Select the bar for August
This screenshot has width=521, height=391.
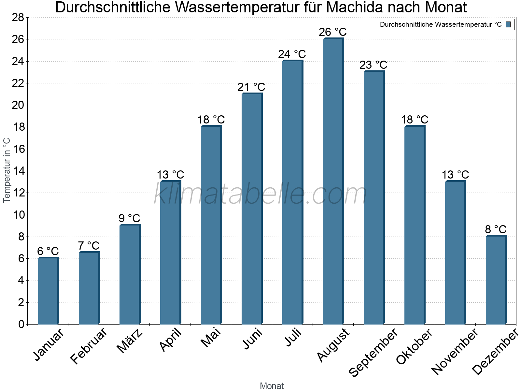[x=333, y=181]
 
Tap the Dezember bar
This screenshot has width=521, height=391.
[x=496, y=280]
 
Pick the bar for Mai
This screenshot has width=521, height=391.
[x=211, y=225]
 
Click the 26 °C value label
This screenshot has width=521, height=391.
[x=333, y=32]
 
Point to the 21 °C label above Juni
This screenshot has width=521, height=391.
[x=251, y=87]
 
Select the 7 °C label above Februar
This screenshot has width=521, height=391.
[x=89, y=246]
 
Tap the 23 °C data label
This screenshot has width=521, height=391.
[x=373, y=65]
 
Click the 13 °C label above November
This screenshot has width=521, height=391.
[x=455, y=175]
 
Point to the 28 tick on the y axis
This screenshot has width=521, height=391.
[x=18, y=18]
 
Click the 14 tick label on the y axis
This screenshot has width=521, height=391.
[x=18, y=171]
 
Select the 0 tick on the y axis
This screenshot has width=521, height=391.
[x=21, y=325]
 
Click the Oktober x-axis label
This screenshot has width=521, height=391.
[x=414, y=347]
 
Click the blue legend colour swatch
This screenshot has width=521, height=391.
[x=509, y=24]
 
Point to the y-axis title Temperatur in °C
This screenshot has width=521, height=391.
[x=7, y=170]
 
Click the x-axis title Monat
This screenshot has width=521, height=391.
[x=272, y=386]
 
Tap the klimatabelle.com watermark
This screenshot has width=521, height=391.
[x=260, y=194]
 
